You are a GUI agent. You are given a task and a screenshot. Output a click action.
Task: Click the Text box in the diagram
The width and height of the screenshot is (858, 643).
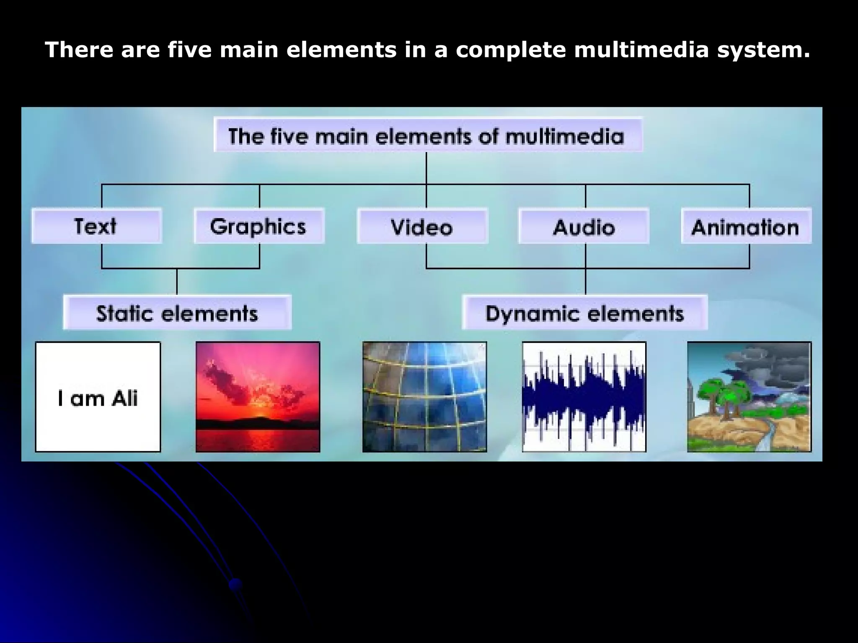(x=96, y=226)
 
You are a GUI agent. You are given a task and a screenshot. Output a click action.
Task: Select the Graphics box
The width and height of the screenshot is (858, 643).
(x=259, y=226)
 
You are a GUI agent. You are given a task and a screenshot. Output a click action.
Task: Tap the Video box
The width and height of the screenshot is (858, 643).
(x=422, y=226)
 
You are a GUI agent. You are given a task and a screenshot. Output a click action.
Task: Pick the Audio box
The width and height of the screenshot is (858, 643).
(x=584, y=226)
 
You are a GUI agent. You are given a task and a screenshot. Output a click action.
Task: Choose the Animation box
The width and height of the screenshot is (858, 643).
(x=746, y=226)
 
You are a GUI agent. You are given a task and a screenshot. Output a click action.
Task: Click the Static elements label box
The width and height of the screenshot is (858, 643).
(x=177, y=313)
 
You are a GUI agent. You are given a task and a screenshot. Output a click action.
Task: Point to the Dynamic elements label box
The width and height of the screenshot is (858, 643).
(x=584, y=313)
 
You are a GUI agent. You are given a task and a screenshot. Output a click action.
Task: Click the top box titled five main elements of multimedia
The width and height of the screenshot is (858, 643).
(x=427, y=135)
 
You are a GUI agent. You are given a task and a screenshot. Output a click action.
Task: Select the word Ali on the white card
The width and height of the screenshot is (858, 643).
(x=124, y=398)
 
